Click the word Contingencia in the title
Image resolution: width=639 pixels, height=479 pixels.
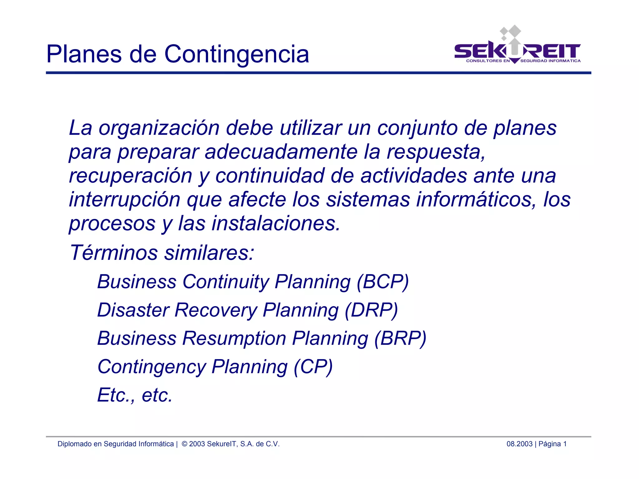coord(237,54)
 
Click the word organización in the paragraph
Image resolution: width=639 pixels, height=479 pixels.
coord(159,128)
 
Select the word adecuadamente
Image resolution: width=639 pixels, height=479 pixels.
coord(281,152)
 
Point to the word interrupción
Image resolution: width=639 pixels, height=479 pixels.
coord(124,200)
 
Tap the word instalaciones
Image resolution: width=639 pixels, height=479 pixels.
coord(276,224)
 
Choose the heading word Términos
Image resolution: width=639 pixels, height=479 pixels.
coord(114,252)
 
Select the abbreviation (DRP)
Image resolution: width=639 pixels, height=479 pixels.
coord(371,310)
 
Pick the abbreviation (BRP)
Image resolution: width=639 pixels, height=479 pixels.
coord(400,338)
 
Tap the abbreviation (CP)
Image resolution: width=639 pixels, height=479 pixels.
coord(313,367)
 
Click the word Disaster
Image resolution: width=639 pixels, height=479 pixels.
coord(133,310)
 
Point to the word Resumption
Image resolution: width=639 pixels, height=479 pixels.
coord(234,338)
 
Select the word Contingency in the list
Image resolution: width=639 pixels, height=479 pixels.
coord(152,367)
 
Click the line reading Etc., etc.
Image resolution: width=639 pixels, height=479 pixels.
coord(135,395)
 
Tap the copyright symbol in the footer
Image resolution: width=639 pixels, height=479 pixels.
coord(184,444)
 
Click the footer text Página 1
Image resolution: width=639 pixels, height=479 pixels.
coord(553,444)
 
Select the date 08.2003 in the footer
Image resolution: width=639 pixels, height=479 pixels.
coord(519,444)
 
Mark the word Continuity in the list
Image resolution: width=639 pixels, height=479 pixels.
coord(226,282)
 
